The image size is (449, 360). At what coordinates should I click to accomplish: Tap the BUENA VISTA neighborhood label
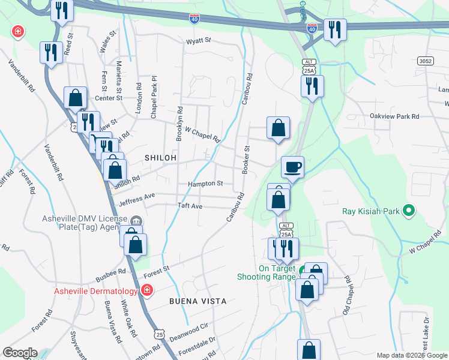point(197,301)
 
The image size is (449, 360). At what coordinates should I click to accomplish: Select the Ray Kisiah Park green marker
point(409,211)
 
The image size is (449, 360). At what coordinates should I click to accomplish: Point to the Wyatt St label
point(199,41)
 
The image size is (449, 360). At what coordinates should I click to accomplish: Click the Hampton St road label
point(205,184)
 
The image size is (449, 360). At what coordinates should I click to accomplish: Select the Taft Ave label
point(190,206)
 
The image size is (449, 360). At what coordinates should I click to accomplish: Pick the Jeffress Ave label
point(137,196)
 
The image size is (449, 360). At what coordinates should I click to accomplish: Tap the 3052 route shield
point(426,62)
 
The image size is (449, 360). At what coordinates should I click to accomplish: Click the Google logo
point(19,353)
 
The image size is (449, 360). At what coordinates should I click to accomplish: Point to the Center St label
point(109,98)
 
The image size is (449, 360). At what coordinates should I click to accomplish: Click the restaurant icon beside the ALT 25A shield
point(312,86)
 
